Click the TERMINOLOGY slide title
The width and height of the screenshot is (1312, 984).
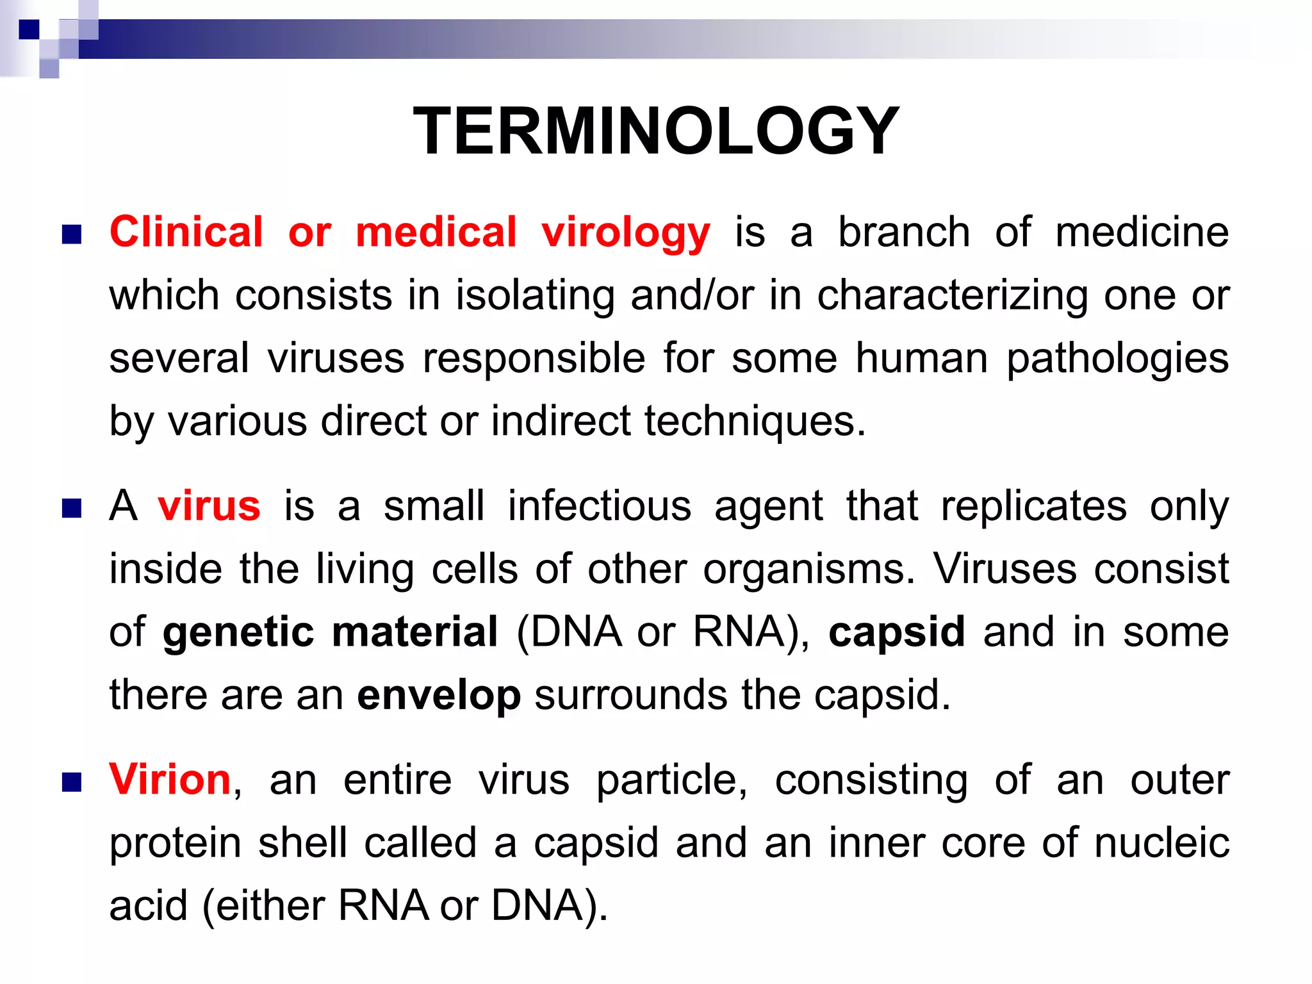click(656, 131)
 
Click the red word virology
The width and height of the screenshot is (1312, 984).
click(626, 233)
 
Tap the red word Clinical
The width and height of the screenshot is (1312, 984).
click(186, 232)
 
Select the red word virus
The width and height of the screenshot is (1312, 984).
click(209, 506)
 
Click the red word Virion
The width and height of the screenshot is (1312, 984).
click(170, 780)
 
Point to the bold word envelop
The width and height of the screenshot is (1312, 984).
click(439, 695)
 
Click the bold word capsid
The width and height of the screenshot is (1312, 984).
click(896, 632)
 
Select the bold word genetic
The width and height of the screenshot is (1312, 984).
click(238, 632)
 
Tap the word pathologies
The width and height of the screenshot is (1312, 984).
click(1117, 359)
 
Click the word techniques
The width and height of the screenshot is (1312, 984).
click(755, 422)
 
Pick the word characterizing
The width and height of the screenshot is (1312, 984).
click(952, 296)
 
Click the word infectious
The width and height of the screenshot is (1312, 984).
click(600, 506)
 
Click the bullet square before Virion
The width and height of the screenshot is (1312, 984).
click(72, 782)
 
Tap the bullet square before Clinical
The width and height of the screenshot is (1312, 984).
click(72, 234)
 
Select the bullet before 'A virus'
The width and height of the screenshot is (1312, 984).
click(72, 509)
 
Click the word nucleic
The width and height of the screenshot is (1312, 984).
click(1161, 843)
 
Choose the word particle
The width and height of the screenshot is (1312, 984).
click(671, 780)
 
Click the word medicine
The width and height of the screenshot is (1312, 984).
click(1142, 232)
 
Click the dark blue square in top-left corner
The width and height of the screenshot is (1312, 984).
click(29, 29)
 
